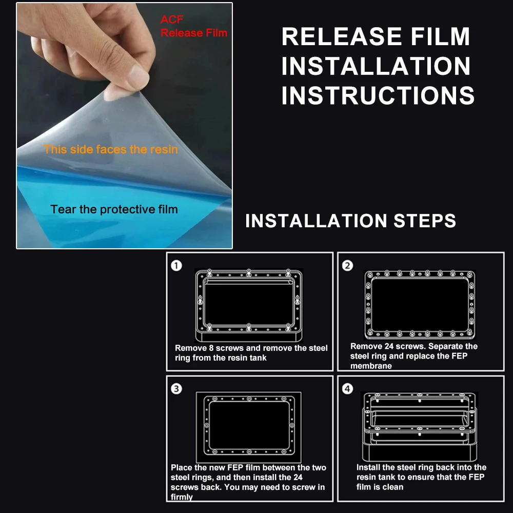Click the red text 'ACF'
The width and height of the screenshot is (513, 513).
(x=172, y=19)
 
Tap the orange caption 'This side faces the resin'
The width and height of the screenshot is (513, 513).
(x=111, y=149)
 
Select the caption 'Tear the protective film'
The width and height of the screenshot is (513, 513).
(x=114, y=209)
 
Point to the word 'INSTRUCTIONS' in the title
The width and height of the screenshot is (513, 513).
(x=378, y=95)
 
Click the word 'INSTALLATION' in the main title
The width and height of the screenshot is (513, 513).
(x=376, y=66)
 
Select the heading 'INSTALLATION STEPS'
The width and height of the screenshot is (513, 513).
(x=350, y=221)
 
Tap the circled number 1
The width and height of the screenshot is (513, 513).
(x=176, y=265)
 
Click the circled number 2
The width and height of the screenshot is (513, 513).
(x=347, y=265)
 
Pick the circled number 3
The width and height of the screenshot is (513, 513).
(x=176, y=389)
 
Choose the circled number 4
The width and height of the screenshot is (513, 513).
(x=347, y=389)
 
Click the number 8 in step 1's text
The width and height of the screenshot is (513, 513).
(x=211, y=348)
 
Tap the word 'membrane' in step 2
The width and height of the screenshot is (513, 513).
(x=371, y=366)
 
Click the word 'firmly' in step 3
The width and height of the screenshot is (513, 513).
(x=182, y=497)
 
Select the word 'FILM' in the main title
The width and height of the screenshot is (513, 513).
(x=440, y=36)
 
